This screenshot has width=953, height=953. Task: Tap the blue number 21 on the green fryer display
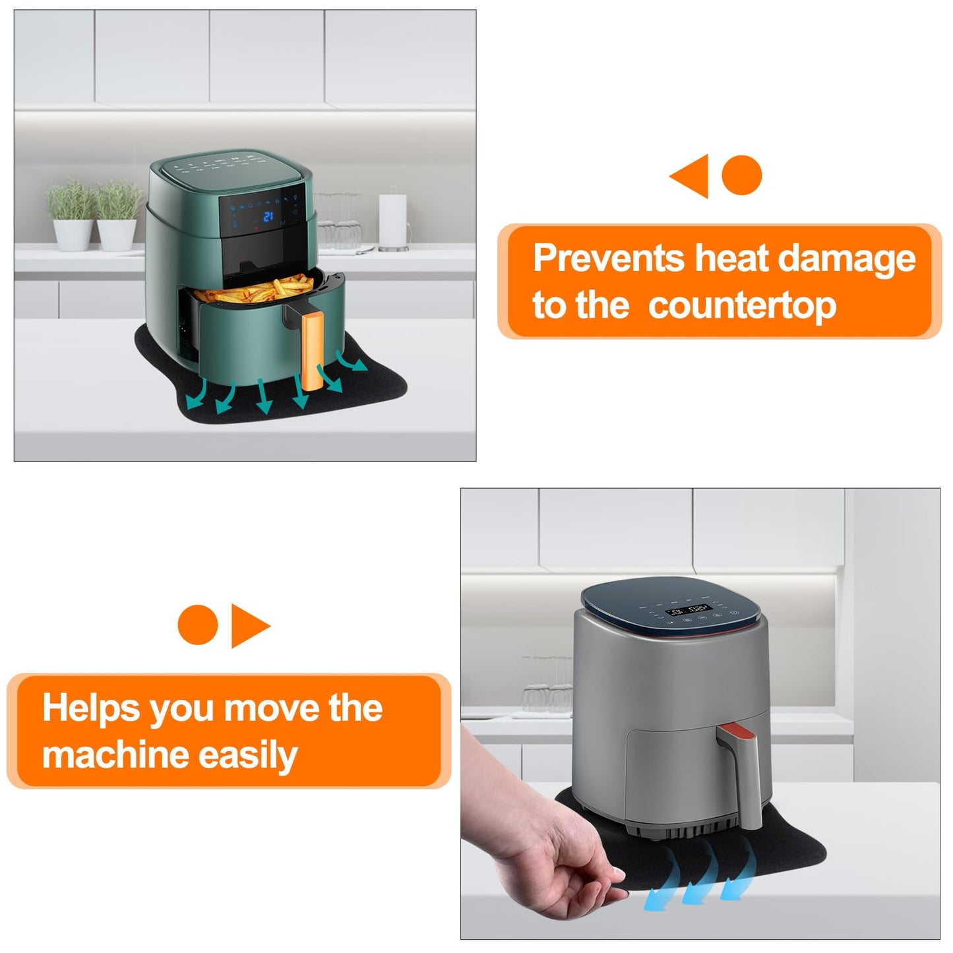pyautogui.click(x=268, y=216)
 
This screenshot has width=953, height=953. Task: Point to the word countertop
pyautogui.click(x=743, y=306)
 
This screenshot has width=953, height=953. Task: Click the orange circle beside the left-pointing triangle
pyautogui.click(x=741, y=175)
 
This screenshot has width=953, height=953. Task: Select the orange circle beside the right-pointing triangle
pyautogui.click(x=198, y=625)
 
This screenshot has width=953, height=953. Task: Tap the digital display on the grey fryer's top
pyautogui.click(x=689, y=610)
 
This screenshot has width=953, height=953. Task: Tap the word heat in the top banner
pyautogui.click(x=731, y=258)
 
